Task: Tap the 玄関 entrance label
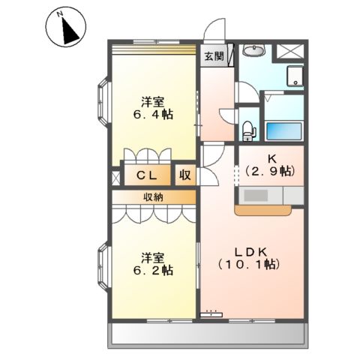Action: point(214,56)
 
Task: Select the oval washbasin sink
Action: point(254,52)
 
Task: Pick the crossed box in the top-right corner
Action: point(287,52)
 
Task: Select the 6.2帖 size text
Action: point(155,269)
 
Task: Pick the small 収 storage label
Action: point(184,176)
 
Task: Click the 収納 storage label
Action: point(154,197)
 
